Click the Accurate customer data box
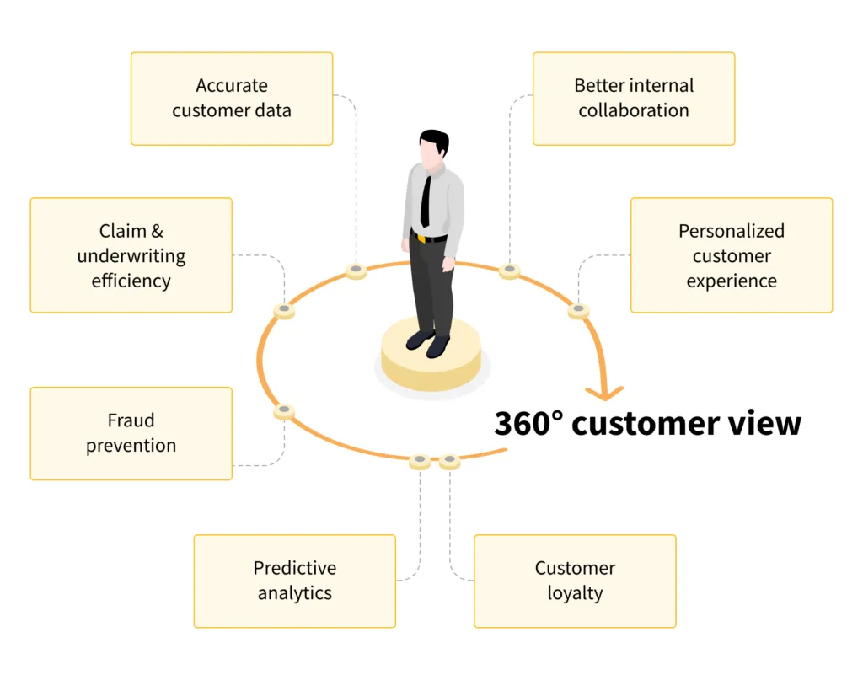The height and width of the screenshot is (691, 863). point(232,99)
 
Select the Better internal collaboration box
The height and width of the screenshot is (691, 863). point(634,99)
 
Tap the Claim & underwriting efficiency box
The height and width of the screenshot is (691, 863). point(131,255)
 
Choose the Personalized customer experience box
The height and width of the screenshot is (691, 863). point(732,255)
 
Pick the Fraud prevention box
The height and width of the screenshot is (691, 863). point(131,433)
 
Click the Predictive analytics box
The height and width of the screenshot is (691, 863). point(294,581)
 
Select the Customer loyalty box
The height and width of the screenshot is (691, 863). point(575,581)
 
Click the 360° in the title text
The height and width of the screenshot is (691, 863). point(528,423)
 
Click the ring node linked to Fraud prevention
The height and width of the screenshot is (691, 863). point(285,411)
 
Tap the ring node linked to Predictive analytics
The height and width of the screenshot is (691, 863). point(420,460)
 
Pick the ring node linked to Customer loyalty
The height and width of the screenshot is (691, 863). point(449,460)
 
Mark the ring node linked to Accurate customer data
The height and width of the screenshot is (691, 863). point(356,271)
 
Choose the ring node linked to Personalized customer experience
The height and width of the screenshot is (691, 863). point(577,310)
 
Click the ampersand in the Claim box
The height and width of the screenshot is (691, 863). point(156,231)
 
